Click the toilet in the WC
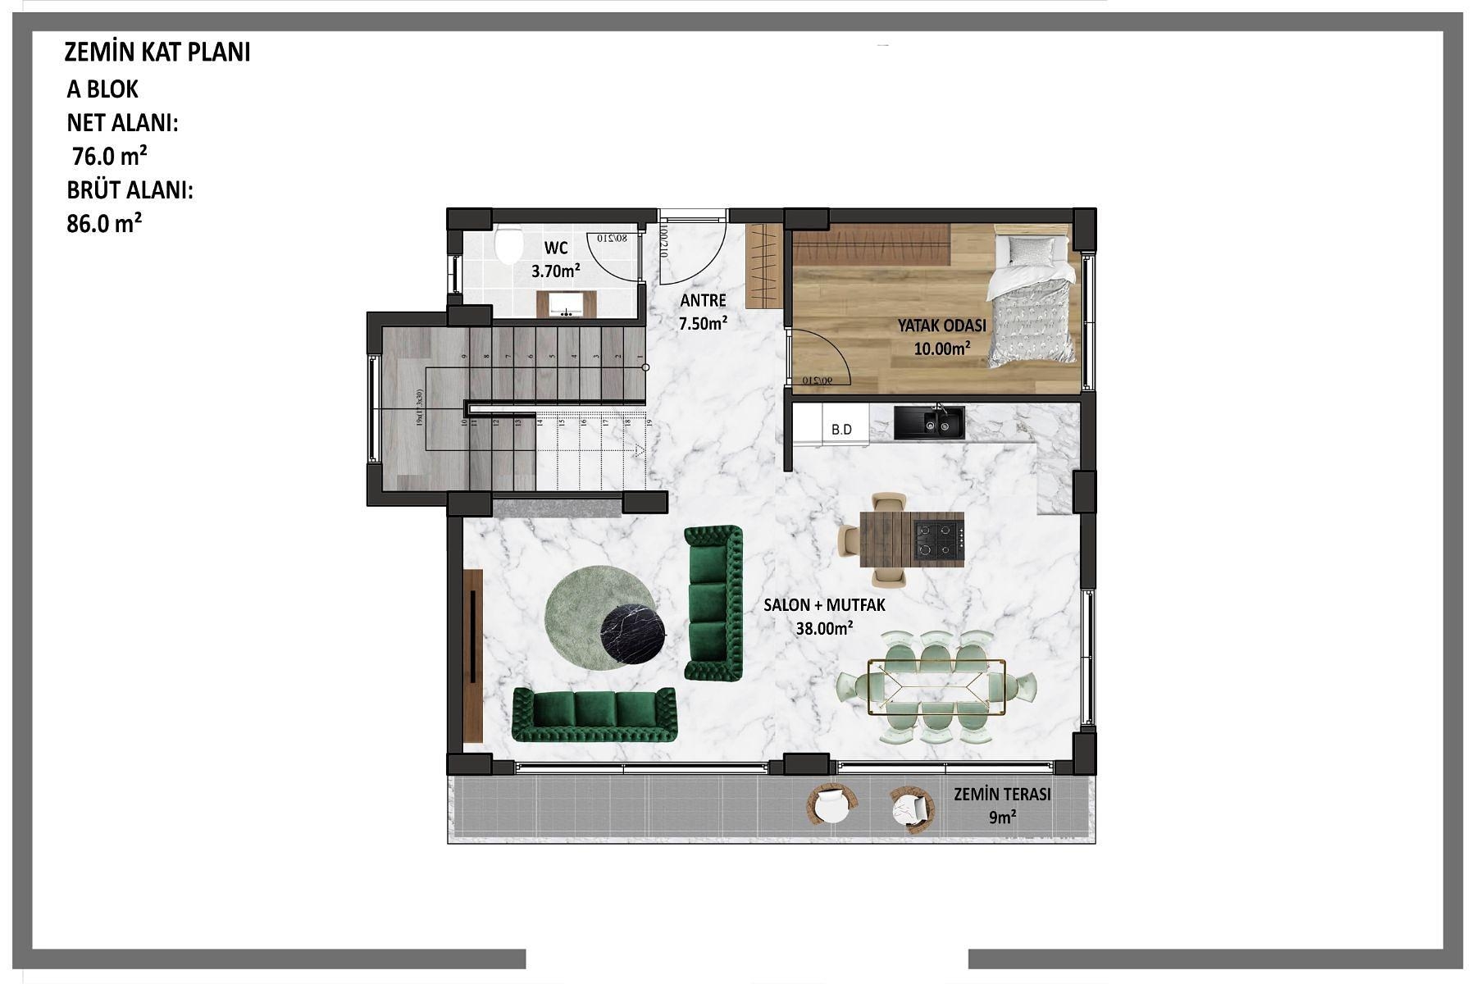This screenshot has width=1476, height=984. pos(508,244)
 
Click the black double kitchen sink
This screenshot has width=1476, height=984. pos(929,422)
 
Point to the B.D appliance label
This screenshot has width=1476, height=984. pos(841,429)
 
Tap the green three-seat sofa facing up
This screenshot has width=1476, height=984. pos(594,714)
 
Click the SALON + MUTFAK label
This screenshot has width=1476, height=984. pos(824,605)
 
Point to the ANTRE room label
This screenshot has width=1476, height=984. pos(703,300)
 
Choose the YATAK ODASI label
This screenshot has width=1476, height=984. pos(941,326)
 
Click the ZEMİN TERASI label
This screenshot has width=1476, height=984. pos(1001,794)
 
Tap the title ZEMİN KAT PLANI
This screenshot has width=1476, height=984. pos(157,52)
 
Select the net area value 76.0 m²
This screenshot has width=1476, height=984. pos(110,156)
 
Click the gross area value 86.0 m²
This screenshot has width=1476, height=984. pos(104,223)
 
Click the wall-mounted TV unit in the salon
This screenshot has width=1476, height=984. pos(473,656)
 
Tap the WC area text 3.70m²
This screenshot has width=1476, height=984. pos(555,271)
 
